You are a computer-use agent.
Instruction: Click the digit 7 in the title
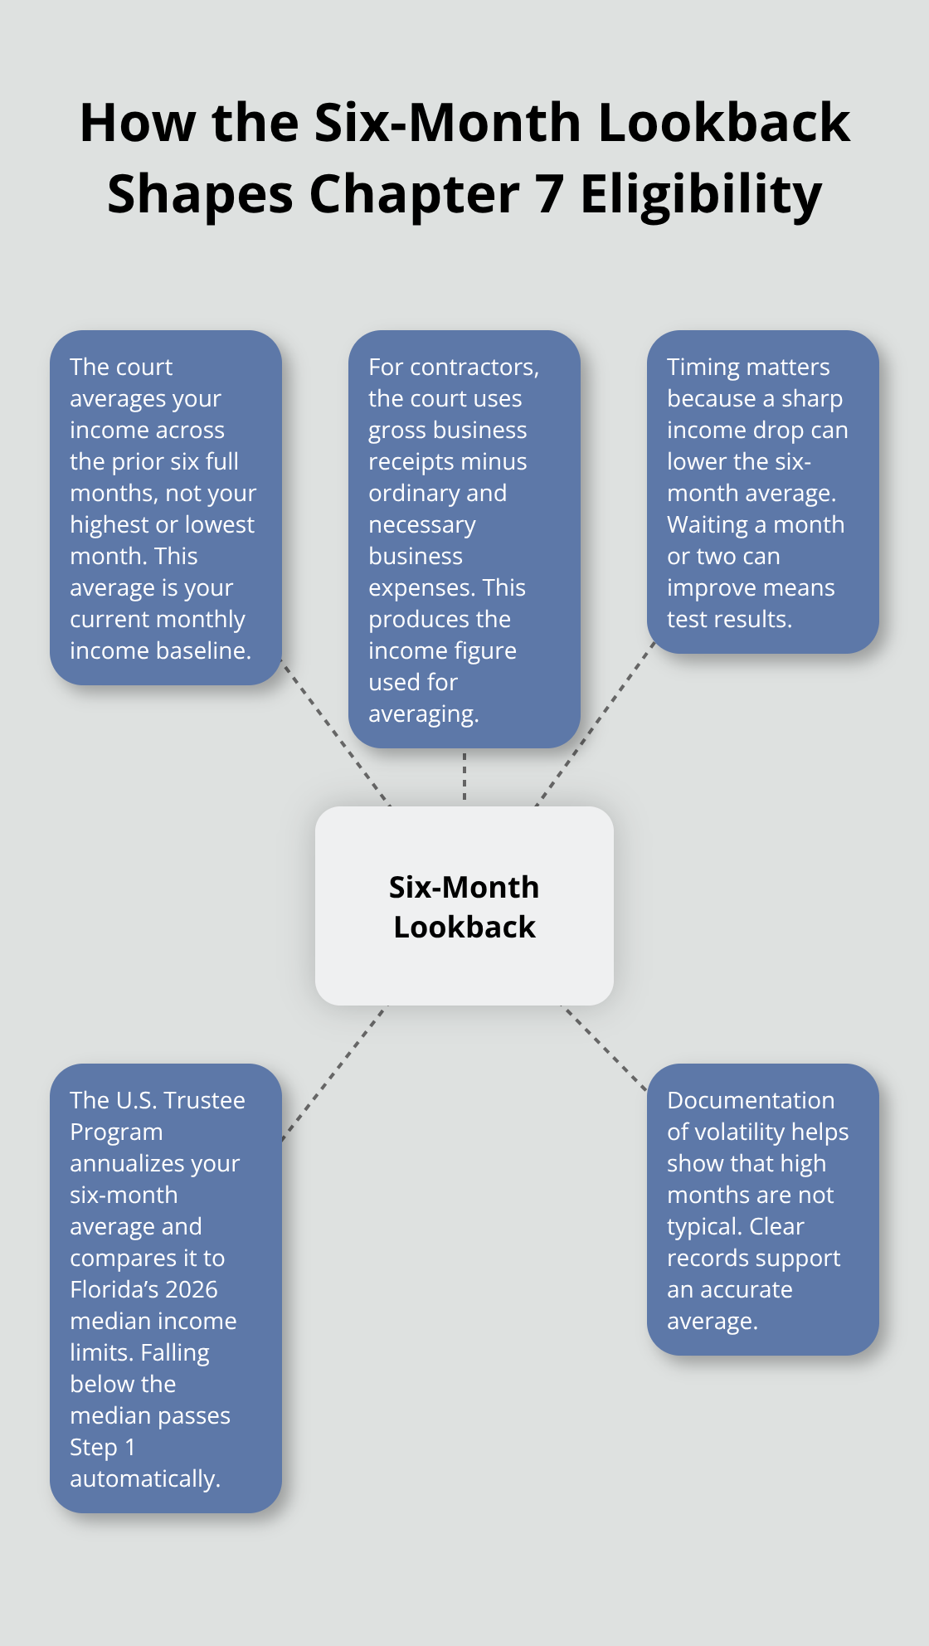click(x=549, y=195)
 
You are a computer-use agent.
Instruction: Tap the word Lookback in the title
click(x=724, y=123)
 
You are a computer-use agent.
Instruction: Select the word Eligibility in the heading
click(x=701, y=196)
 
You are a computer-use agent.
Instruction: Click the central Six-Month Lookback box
click(x=464, y=906)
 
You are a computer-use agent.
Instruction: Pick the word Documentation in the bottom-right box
click(x=751, y=1100)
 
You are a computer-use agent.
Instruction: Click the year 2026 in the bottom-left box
click(x=192, y=1289)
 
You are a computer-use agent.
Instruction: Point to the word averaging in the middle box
click(x=423, y=714)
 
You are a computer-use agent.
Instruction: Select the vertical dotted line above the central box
click(x=464, y=777)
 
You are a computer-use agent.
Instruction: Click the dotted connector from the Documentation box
click(x=605, y=1049)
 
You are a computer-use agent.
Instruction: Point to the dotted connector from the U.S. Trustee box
click(x=334, y=1073)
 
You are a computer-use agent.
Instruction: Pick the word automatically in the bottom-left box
click(x=145, y=1479)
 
